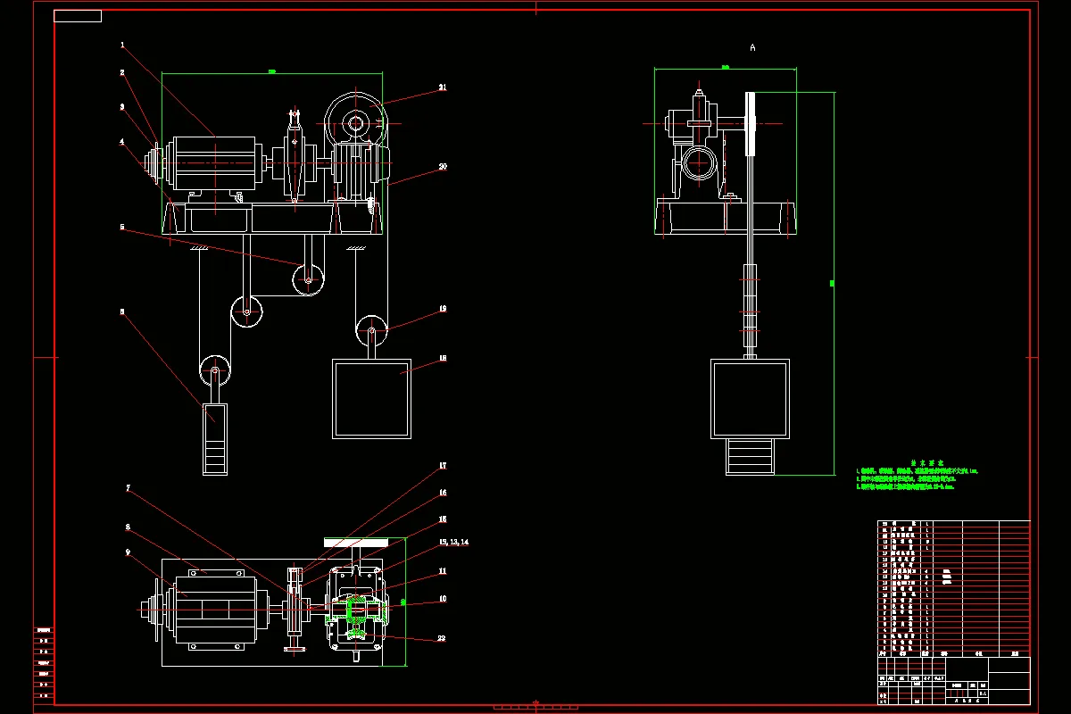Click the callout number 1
click(122, 45)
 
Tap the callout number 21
click(442, 87)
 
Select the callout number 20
click(442, 166)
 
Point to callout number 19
click(442, 309)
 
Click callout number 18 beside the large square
click(442, 359)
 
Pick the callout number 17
click(442, 466)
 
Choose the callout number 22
click(442, 638)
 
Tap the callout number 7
click(128, 488)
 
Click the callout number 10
click(442, 599)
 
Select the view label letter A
click(752, 47)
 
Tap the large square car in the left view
click(372, 398)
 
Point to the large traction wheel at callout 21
click(355, 120)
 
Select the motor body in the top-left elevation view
click(214, 162)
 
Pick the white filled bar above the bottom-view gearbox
click(355, 542)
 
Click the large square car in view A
click(750, 399)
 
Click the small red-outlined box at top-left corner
click(78, 16)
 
